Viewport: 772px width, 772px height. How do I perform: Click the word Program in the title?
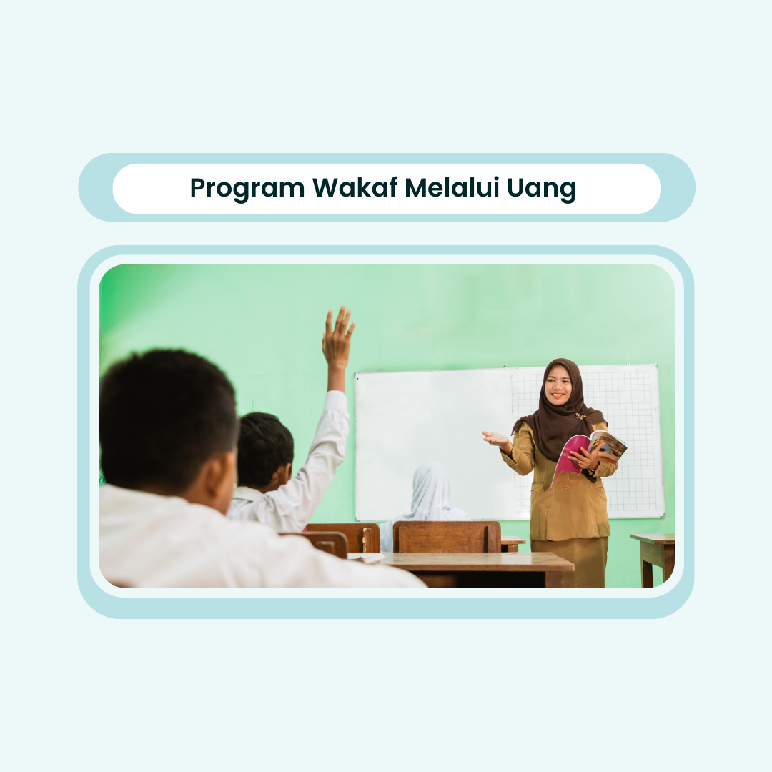click(x=247, y=189)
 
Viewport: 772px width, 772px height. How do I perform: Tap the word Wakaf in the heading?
click(x=355, y=187)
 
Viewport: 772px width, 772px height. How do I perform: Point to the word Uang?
click(x=541, y=189)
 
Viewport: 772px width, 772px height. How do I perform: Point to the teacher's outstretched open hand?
click(x=495, y=438)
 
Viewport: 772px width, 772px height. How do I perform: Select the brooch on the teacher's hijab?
click(x=581, y=417)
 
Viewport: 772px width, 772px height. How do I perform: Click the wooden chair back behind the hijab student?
click(x=447, y=537)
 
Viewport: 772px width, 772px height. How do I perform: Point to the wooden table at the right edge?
click(x=653, y=559)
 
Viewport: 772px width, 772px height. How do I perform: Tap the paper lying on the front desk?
click(x=367, y=558)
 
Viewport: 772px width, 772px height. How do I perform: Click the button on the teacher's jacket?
click(x=566, y=488)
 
